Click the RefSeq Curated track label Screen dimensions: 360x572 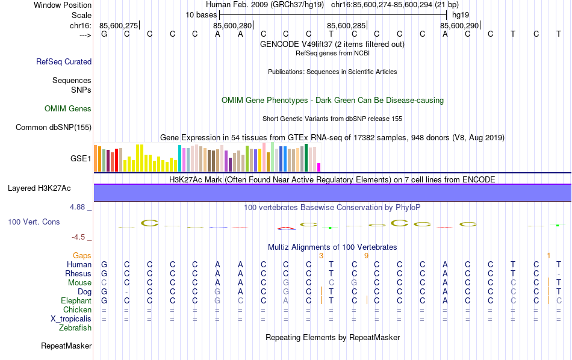pos(64,61)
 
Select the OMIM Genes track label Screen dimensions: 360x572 pos(68,109)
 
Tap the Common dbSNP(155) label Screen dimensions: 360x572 pos(54,127)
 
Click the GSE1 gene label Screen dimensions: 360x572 pos(81,159)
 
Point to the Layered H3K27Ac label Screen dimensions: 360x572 pos(39,188)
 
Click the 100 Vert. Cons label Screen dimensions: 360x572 pos(34,222)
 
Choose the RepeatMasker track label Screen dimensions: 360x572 pos(66,346)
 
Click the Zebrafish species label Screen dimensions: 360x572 pos(75,328)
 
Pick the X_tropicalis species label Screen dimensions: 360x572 pos(71,319)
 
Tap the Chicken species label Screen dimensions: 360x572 pos(78,309)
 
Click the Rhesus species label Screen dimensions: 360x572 pos(78,273)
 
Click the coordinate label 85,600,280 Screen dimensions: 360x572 pos(232,25)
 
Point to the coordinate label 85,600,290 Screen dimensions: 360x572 pos(459,25)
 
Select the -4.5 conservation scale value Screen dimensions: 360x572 pos(80,237)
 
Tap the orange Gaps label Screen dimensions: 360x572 pos(82,256)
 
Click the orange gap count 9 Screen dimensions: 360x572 pos(366,256)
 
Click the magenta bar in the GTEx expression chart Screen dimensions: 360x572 pos(319,167)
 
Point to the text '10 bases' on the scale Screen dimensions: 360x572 pos(201,14)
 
